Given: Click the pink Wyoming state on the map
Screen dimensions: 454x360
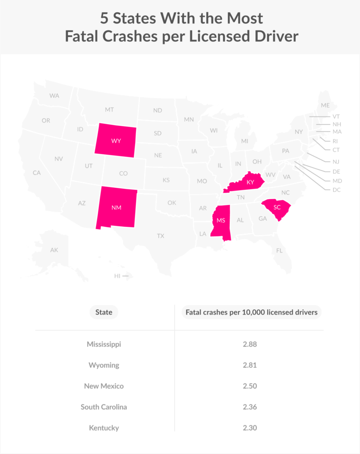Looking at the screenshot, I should click(115, 140).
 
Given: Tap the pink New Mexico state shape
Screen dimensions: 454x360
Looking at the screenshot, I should click(116, 208).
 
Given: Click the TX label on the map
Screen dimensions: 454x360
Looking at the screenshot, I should click(161, 236).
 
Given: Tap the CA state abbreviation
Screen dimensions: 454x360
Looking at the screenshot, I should click(37, 173).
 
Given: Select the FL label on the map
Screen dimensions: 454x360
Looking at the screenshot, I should click(279, 251).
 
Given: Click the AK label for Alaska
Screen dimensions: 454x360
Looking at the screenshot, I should click(54, 250).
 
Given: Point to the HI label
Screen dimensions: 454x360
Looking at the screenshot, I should click(117, 276).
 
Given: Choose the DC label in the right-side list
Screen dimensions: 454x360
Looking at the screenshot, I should click(337, 190).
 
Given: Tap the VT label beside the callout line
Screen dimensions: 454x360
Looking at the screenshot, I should click(336, 116).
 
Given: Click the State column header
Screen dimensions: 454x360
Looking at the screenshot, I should click(104, 312).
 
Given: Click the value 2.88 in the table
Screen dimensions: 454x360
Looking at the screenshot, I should click(250, 344).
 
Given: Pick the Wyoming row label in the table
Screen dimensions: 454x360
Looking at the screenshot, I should click(104, 365).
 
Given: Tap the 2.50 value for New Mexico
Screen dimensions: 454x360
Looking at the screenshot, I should click(250, 386).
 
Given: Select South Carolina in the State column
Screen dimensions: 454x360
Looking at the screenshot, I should click(104, 407).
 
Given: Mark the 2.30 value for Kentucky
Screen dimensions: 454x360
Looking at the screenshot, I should click(250, 428).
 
